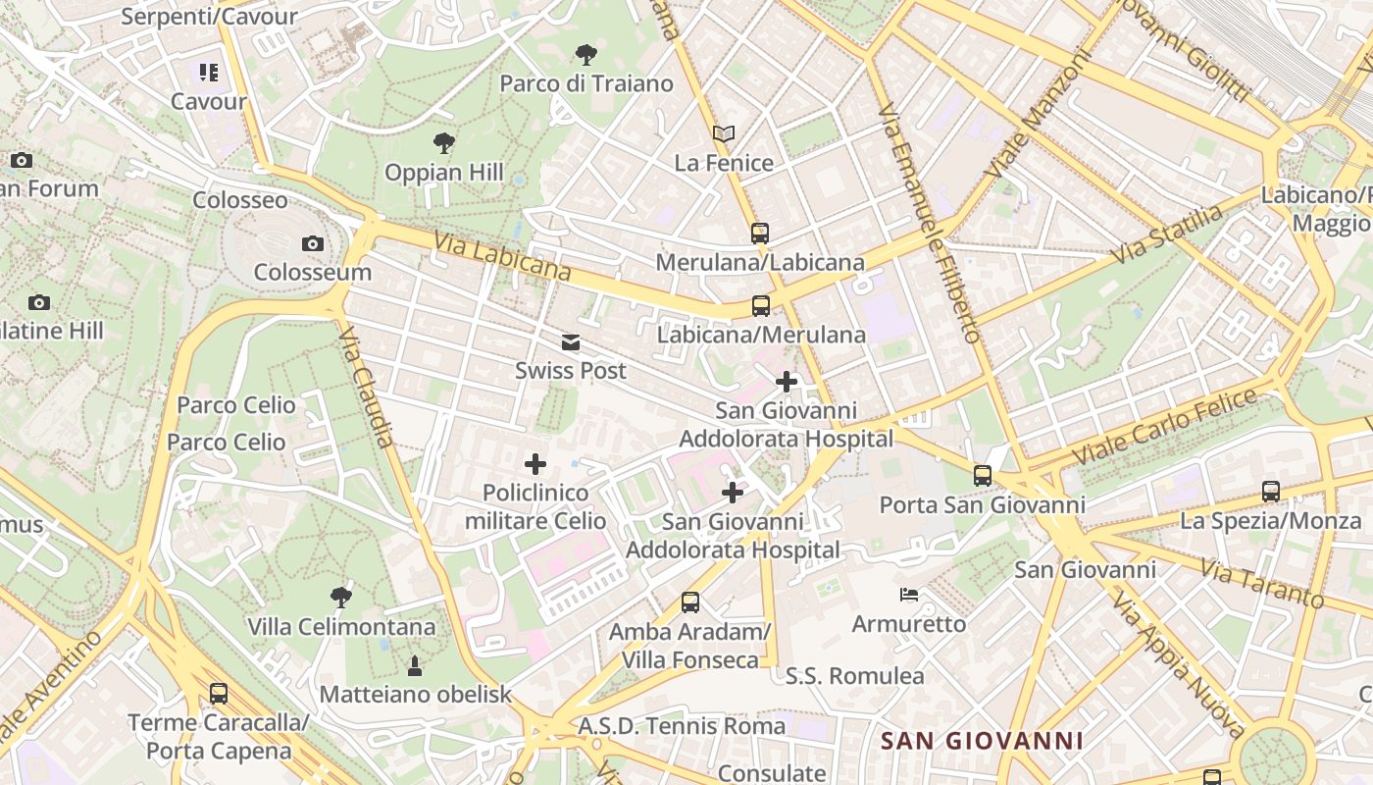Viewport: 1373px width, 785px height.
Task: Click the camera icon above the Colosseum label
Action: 313,243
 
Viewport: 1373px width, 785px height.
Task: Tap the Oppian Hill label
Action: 443,173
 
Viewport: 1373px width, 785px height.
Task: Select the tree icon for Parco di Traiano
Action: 586,55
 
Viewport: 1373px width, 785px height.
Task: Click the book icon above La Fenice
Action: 724,133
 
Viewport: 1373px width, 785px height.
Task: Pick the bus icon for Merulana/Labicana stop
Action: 760,234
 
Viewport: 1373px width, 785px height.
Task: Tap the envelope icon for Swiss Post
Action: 571,342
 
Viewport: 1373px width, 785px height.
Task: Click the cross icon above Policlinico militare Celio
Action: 535,463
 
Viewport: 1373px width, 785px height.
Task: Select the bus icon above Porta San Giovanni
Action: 983,476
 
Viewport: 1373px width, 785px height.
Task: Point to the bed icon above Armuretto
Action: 909,595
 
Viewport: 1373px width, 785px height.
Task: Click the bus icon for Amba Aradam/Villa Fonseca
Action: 690,602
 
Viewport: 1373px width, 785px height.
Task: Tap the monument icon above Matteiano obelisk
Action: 415,666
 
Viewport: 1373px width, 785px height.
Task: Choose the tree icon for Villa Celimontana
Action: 341,597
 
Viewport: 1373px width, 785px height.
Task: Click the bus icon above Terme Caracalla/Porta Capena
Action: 219,694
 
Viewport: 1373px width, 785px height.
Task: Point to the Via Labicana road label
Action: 501,255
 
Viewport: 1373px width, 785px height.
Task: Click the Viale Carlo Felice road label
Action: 1165,427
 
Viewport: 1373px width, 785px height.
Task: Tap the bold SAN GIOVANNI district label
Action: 982,741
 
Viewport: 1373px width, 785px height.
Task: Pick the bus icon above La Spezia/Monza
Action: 1271,491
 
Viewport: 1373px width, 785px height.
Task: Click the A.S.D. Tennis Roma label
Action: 682,726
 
